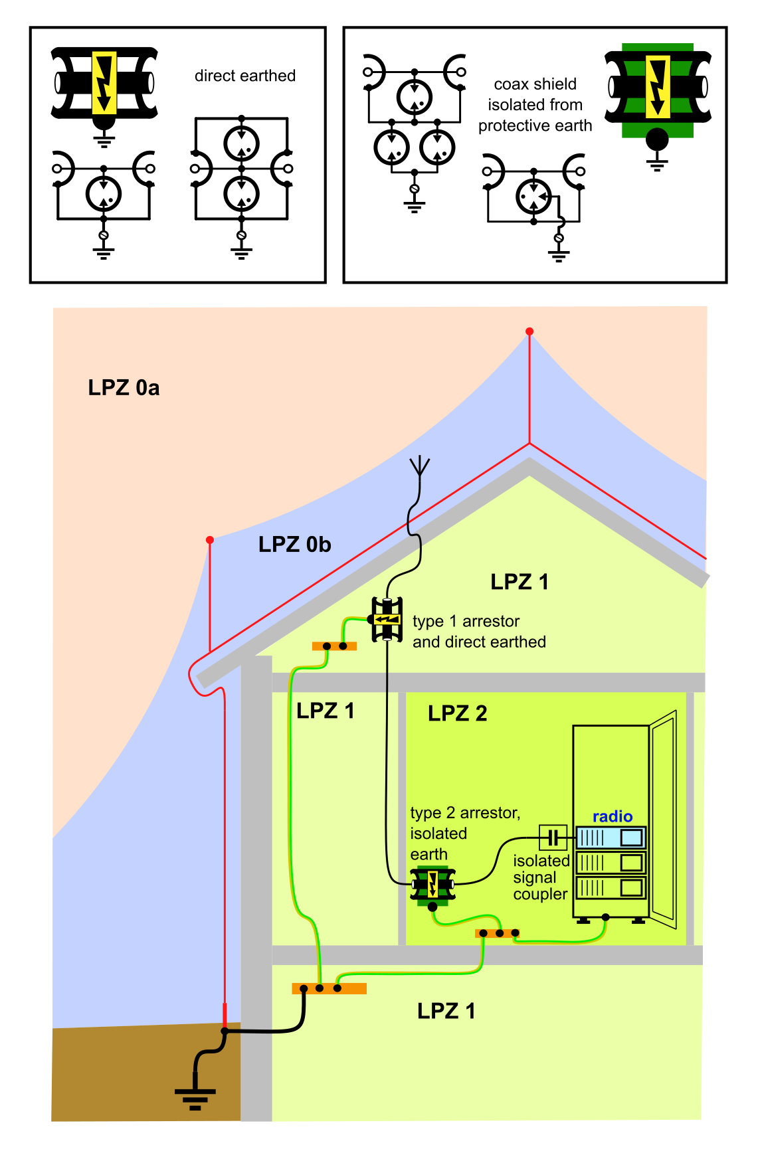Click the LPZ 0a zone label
(124, 388)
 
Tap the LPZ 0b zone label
(294, 545)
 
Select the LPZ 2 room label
(457, 713)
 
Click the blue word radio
(612, 816)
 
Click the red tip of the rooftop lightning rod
(529, 331)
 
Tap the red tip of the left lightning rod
(210, 540)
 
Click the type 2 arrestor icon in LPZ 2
(432, 885)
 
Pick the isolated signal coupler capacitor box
(553, 838)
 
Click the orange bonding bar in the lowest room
(329, 988)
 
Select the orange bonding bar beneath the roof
(334, 646)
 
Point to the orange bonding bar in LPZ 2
(497, 933)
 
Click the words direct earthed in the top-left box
(244, 76)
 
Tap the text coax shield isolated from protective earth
(535, 105)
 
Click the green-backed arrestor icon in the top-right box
(658, 90)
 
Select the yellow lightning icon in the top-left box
(104, 83)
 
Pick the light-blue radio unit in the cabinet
(610, 837)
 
